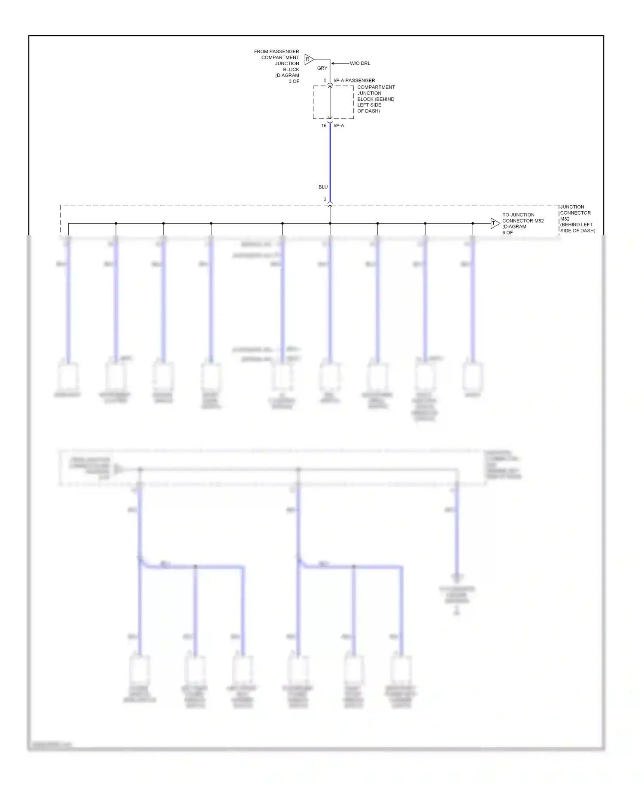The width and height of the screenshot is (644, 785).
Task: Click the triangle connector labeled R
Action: tap(309, 59)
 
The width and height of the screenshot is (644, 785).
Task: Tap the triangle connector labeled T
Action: tap(495, 223)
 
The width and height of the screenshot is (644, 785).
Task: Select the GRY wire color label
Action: tap(322, 68)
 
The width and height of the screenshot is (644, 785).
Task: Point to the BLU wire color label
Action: tap(323, 187)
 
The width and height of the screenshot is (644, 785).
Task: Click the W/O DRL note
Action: tap(360, 64)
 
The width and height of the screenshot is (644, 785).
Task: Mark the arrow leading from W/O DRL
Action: tap(340, 64)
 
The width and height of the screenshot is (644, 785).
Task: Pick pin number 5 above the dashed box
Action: tap(325, 81)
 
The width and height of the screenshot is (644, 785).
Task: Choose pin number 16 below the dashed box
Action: tap(324, 126)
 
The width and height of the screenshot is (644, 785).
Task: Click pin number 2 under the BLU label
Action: tap(325, 200)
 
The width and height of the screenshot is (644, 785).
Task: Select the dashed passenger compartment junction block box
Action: tap(333, 102)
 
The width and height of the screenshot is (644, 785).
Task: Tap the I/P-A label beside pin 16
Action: tap(339, 126)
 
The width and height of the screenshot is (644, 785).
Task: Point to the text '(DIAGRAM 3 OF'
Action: tap(287, 78)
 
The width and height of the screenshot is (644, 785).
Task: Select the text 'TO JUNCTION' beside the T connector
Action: tap(518, 215)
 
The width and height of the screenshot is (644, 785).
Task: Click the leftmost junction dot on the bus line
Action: tap(116, 223)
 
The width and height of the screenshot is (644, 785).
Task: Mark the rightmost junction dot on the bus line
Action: tap(473, 223)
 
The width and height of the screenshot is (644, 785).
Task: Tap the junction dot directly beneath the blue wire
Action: tap(330, 223)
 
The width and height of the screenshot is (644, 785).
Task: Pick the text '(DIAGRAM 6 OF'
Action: tap(514, 229)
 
